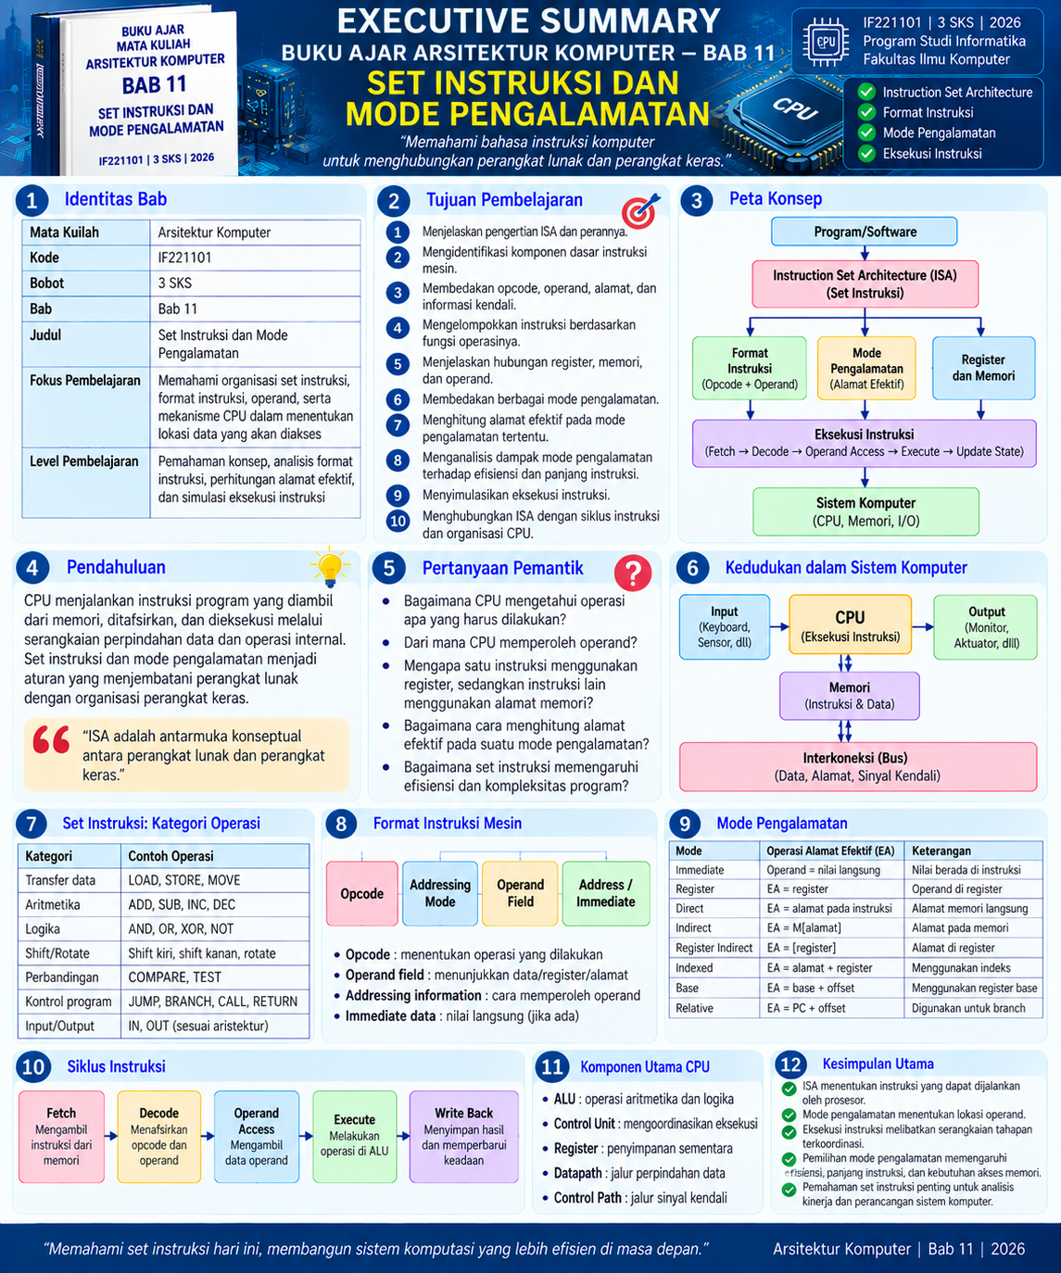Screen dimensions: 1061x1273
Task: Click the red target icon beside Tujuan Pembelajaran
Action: (x=639, y=210)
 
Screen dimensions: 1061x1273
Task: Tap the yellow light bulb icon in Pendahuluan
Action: (x=330, y=566)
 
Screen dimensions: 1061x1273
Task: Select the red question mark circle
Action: (x=633, y=573)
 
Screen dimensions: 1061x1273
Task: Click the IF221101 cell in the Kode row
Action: (x=255, y=258)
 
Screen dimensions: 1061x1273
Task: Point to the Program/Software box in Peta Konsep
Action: (x=864, y=232)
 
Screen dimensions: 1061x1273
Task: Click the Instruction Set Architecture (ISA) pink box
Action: (x=865, y=284)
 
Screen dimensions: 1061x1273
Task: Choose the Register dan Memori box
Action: (x=983, y=368)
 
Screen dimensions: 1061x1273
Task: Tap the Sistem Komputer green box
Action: (x=865, y=511)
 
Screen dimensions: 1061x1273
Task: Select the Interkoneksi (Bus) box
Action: (x=858, y=767)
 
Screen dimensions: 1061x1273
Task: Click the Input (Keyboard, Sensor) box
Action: (x=725, y=626)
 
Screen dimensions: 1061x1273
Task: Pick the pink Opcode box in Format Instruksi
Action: (x=362, y=894)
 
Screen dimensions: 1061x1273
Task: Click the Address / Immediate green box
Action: (x=606, y=894)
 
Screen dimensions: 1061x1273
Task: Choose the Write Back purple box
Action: (x=464, y=1137)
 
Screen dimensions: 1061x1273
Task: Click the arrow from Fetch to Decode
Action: (x=110, y=1137)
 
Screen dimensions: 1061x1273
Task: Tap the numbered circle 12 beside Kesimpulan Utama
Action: (x=790, y=1065)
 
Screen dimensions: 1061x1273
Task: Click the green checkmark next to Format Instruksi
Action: (x=866, y=112)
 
